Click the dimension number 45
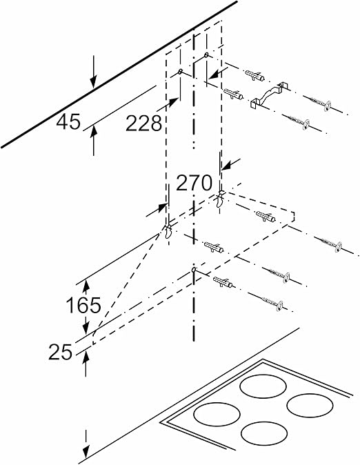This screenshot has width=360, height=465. tap(68, 122)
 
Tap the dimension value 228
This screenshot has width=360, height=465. tap(144, 123)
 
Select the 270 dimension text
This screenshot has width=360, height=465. tap(194, 183)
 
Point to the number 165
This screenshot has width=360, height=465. tap(83, 305)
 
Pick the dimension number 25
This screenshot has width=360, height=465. tap(61, 352)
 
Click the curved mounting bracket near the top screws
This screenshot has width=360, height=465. tap(269, 95)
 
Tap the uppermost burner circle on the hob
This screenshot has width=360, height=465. tap(263, 386)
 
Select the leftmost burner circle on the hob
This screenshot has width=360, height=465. tap(217, 414)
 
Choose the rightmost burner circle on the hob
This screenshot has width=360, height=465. tap(310, 406)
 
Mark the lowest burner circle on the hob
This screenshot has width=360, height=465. tap(264, 433)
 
